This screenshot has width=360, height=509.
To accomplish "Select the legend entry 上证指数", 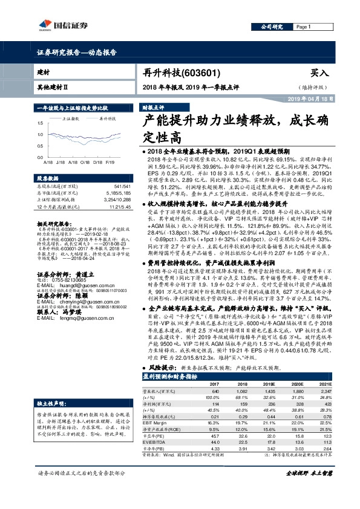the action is [71, 120].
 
